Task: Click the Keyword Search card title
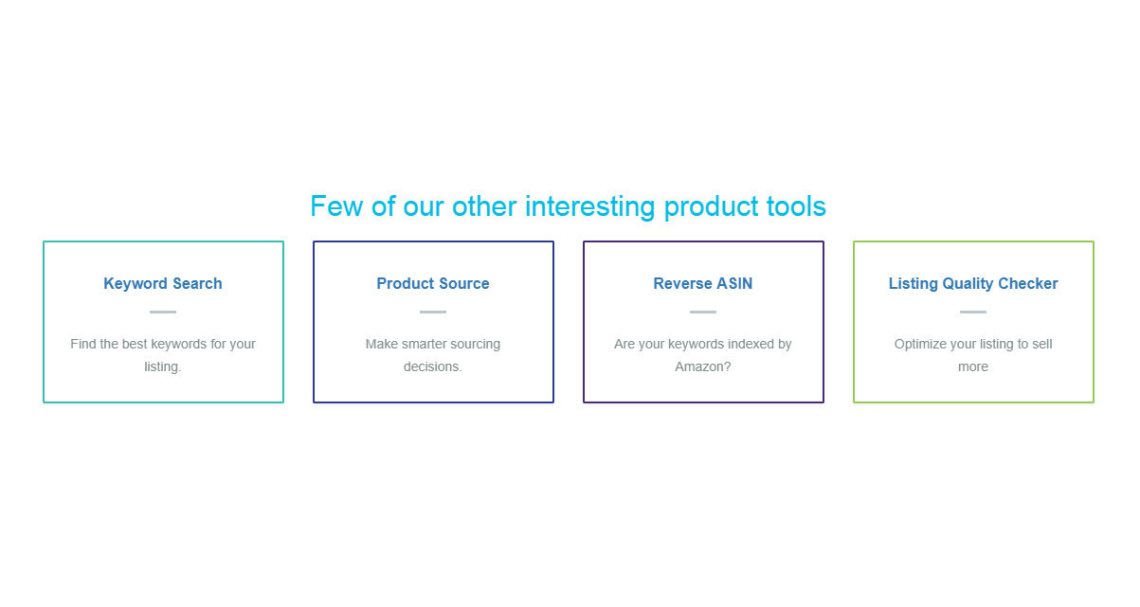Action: coord(163,284)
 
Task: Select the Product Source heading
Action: coord(433,283)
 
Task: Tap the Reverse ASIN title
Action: coord(703,283)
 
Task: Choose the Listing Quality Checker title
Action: coord(973,284)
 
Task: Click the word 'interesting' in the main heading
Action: coord(589,206)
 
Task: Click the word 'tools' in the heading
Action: coord(796,206)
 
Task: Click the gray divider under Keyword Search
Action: coord(163,312)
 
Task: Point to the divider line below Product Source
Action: coord(433,312)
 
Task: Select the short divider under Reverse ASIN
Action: coord(703,312)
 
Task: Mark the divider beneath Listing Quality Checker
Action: coord(973,312)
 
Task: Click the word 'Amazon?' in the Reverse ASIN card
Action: coord(703,366)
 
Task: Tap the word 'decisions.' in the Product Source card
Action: coord(432,366)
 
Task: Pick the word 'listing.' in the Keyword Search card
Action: coord(162,367)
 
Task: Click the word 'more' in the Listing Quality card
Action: coord(973,367)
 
